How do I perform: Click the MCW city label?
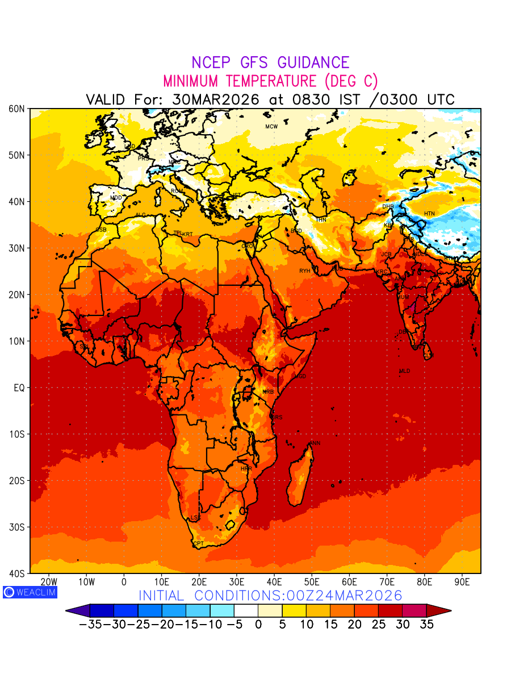[x=271, y=127]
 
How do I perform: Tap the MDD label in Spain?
[x=116, y=198]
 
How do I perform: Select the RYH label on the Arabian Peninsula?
[x=305, y=271]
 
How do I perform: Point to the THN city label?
[x=321, y=220]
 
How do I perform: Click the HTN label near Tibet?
[x=429, y=214]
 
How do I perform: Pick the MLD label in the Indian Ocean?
[x=404, y=371]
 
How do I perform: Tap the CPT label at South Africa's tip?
[x=198, y=544]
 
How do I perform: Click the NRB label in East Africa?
[x=268, y=392]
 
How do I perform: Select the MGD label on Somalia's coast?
[x=300, y=376]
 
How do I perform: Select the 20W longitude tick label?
[x=49, y=582]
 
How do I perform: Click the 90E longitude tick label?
[x=462, y=582]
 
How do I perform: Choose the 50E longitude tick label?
[x=312, y=582]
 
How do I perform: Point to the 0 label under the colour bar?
[x=258, y=624]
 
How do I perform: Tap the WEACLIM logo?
[x=30, y=592]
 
